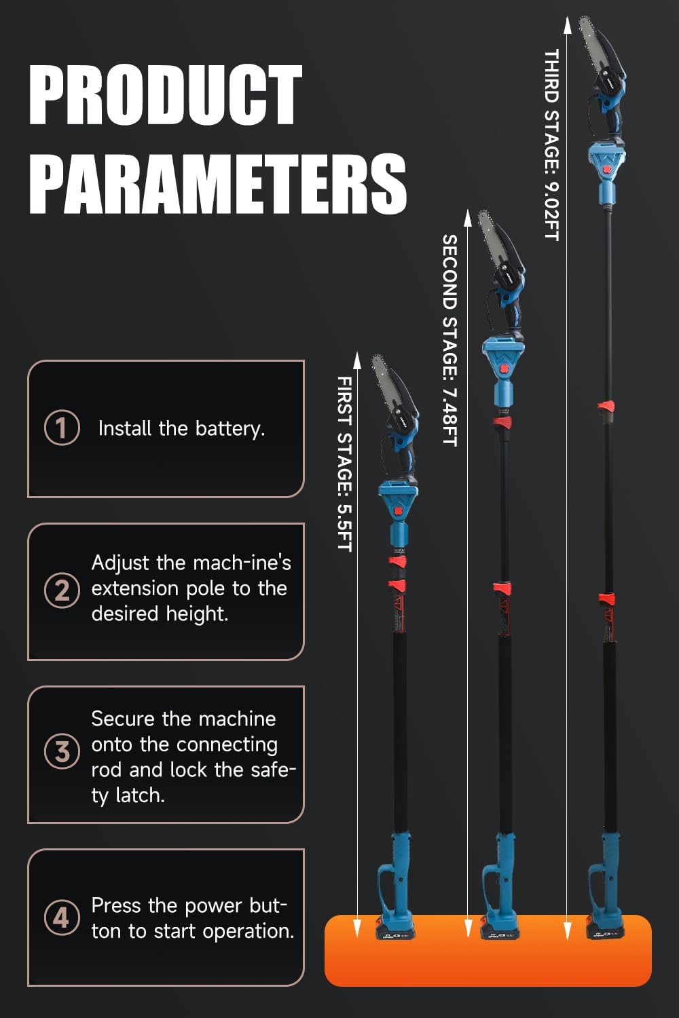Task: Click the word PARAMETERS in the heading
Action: pos(217,183)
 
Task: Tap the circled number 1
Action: pos(62,428)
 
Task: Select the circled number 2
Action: pos(62,590)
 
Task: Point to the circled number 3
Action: pos(62,752)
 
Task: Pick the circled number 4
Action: pos(62,917)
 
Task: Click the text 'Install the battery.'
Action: pos(181,429)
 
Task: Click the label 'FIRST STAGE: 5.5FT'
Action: pos(345,464)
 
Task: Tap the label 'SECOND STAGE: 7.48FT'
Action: pos(449,339)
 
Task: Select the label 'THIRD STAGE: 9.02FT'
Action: pos(551,145)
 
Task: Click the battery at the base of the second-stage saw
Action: pos(500,929)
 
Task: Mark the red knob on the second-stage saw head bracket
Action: pos(504,369)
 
